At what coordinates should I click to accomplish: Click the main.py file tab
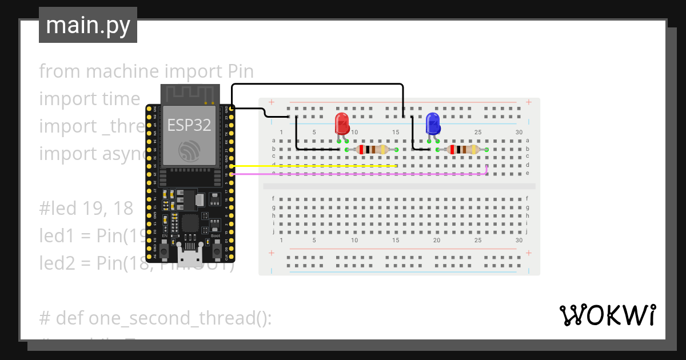point(87,25)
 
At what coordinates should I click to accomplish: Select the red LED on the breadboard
point(341,123)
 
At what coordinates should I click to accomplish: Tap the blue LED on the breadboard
point(433,123)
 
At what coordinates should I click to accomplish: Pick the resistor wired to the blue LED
point(463,150)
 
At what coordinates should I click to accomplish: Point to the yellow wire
point(314,166)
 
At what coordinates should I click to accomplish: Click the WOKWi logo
point(607,315)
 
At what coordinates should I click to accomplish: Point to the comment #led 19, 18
point(86,208)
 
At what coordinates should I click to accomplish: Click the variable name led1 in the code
point(58,235)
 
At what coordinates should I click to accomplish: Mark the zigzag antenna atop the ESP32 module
point(188,92)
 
